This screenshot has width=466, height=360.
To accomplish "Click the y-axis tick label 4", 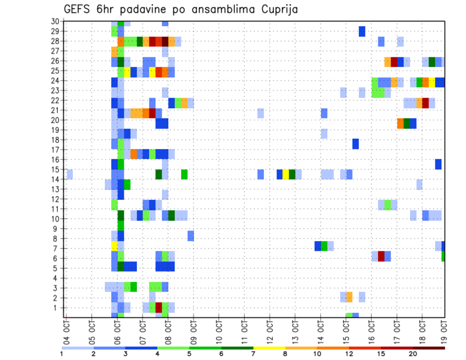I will (x=57, y=278).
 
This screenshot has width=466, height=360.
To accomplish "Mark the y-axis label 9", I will (x=57, y=229).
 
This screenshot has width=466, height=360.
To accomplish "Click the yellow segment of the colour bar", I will (x=269, y=348).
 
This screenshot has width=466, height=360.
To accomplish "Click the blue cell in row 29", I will (x=362, y=31).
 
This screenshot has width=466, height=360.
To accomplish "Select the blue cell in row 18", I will (x=355, y=144).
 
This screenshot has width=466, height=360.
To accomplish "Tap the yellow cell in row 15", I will (x=286, y=174).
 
